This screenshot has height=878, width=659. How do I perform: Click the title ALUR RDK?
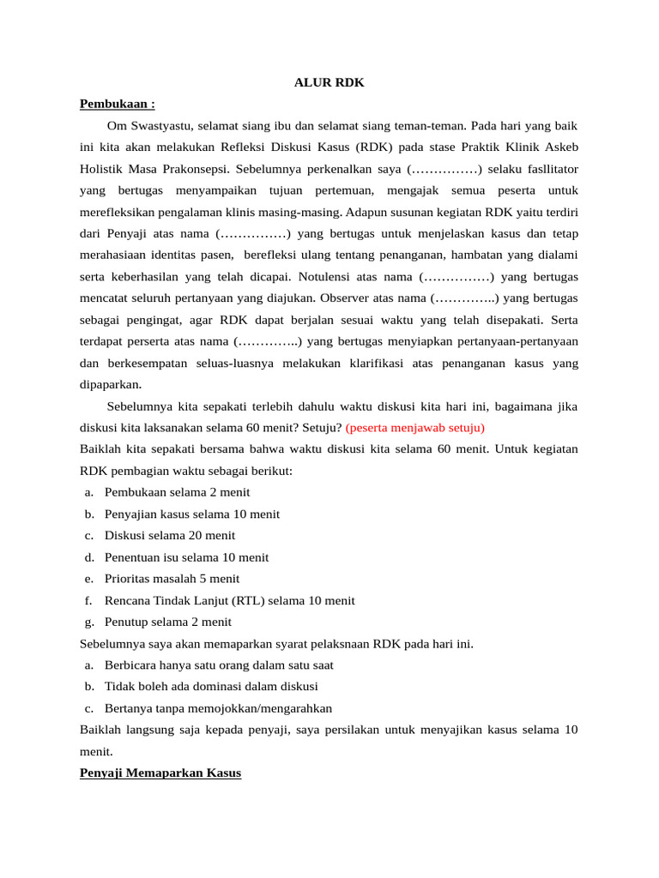[329, 82]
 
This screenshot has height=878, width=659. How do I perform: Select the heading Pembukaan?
[117, 104]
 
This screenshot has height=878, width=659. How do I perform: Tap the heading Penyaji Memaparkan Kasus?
[160, 773]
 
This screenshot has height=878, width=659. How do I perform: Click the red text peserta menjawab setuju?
[415, 427]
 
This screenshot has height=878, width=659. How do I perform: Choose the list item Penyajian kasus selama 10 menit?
[192, 514]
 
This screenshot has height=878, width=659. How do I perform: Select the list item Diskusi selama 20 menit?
[170, 535]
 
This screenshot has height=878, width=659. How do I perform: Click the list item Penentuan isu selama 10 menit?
[186, 556]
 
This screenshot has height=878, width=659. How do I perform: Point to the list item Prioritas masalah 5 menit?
[172, 579]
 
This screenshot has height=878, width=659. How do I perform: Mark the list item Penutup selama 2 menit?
[168, 622]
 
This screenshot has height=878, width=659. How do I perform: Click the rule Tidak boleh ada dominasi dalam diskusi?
[211, 686]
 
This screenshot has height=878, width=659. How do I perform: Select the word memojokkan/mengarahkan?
[266, 708]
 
